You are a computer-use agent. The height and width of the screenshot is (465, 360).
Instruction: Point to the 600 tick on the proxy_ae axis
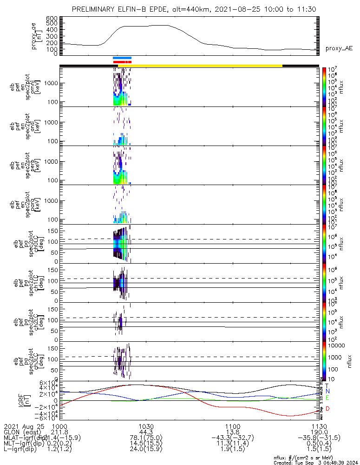52,18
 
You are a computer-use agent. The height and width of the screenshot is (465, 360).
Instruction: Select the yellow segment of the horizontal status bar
207,66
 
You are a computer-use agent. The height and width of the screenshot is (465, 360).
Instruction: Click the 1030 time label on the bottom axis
146,426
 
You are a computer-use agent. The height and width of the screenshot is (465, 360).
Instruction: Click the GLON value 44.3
146,432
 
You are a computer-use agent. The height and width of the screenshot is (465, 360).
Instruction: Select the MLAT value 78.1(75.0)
146,438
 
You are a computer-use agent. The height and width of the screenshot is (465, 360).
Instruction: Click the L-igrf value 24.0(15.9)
146,450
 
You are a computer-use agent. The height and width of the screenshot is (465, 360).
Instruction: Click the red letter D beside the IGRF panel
327,409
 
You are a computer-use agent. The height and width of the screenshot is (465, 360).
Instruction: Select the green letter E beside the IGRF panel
327,398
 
